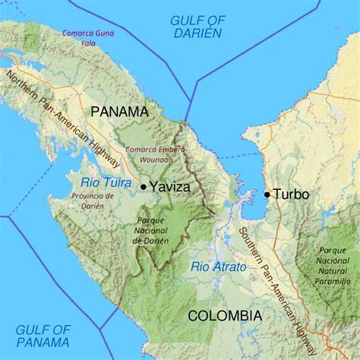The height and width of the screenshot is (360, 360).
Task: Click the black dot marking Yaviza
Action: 144,185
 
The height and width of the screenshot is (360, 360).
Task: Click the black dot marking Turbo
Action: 267,194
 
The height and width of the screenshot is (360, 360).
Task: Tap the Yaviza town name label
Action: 169,185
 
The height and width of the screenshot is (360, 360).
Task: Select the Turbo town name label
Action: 291,194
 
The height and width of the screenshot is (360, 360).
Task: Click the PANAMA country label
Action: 119,112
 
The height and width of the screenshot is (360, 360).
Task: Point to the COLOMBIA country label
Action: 225,315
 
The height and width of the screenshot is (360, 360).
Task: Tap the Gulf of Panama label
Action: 43,336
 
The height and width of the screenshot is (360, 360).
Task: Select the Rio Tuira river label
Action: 103,181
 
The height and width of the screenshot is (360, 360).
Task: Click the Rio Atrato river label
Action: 218,267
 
